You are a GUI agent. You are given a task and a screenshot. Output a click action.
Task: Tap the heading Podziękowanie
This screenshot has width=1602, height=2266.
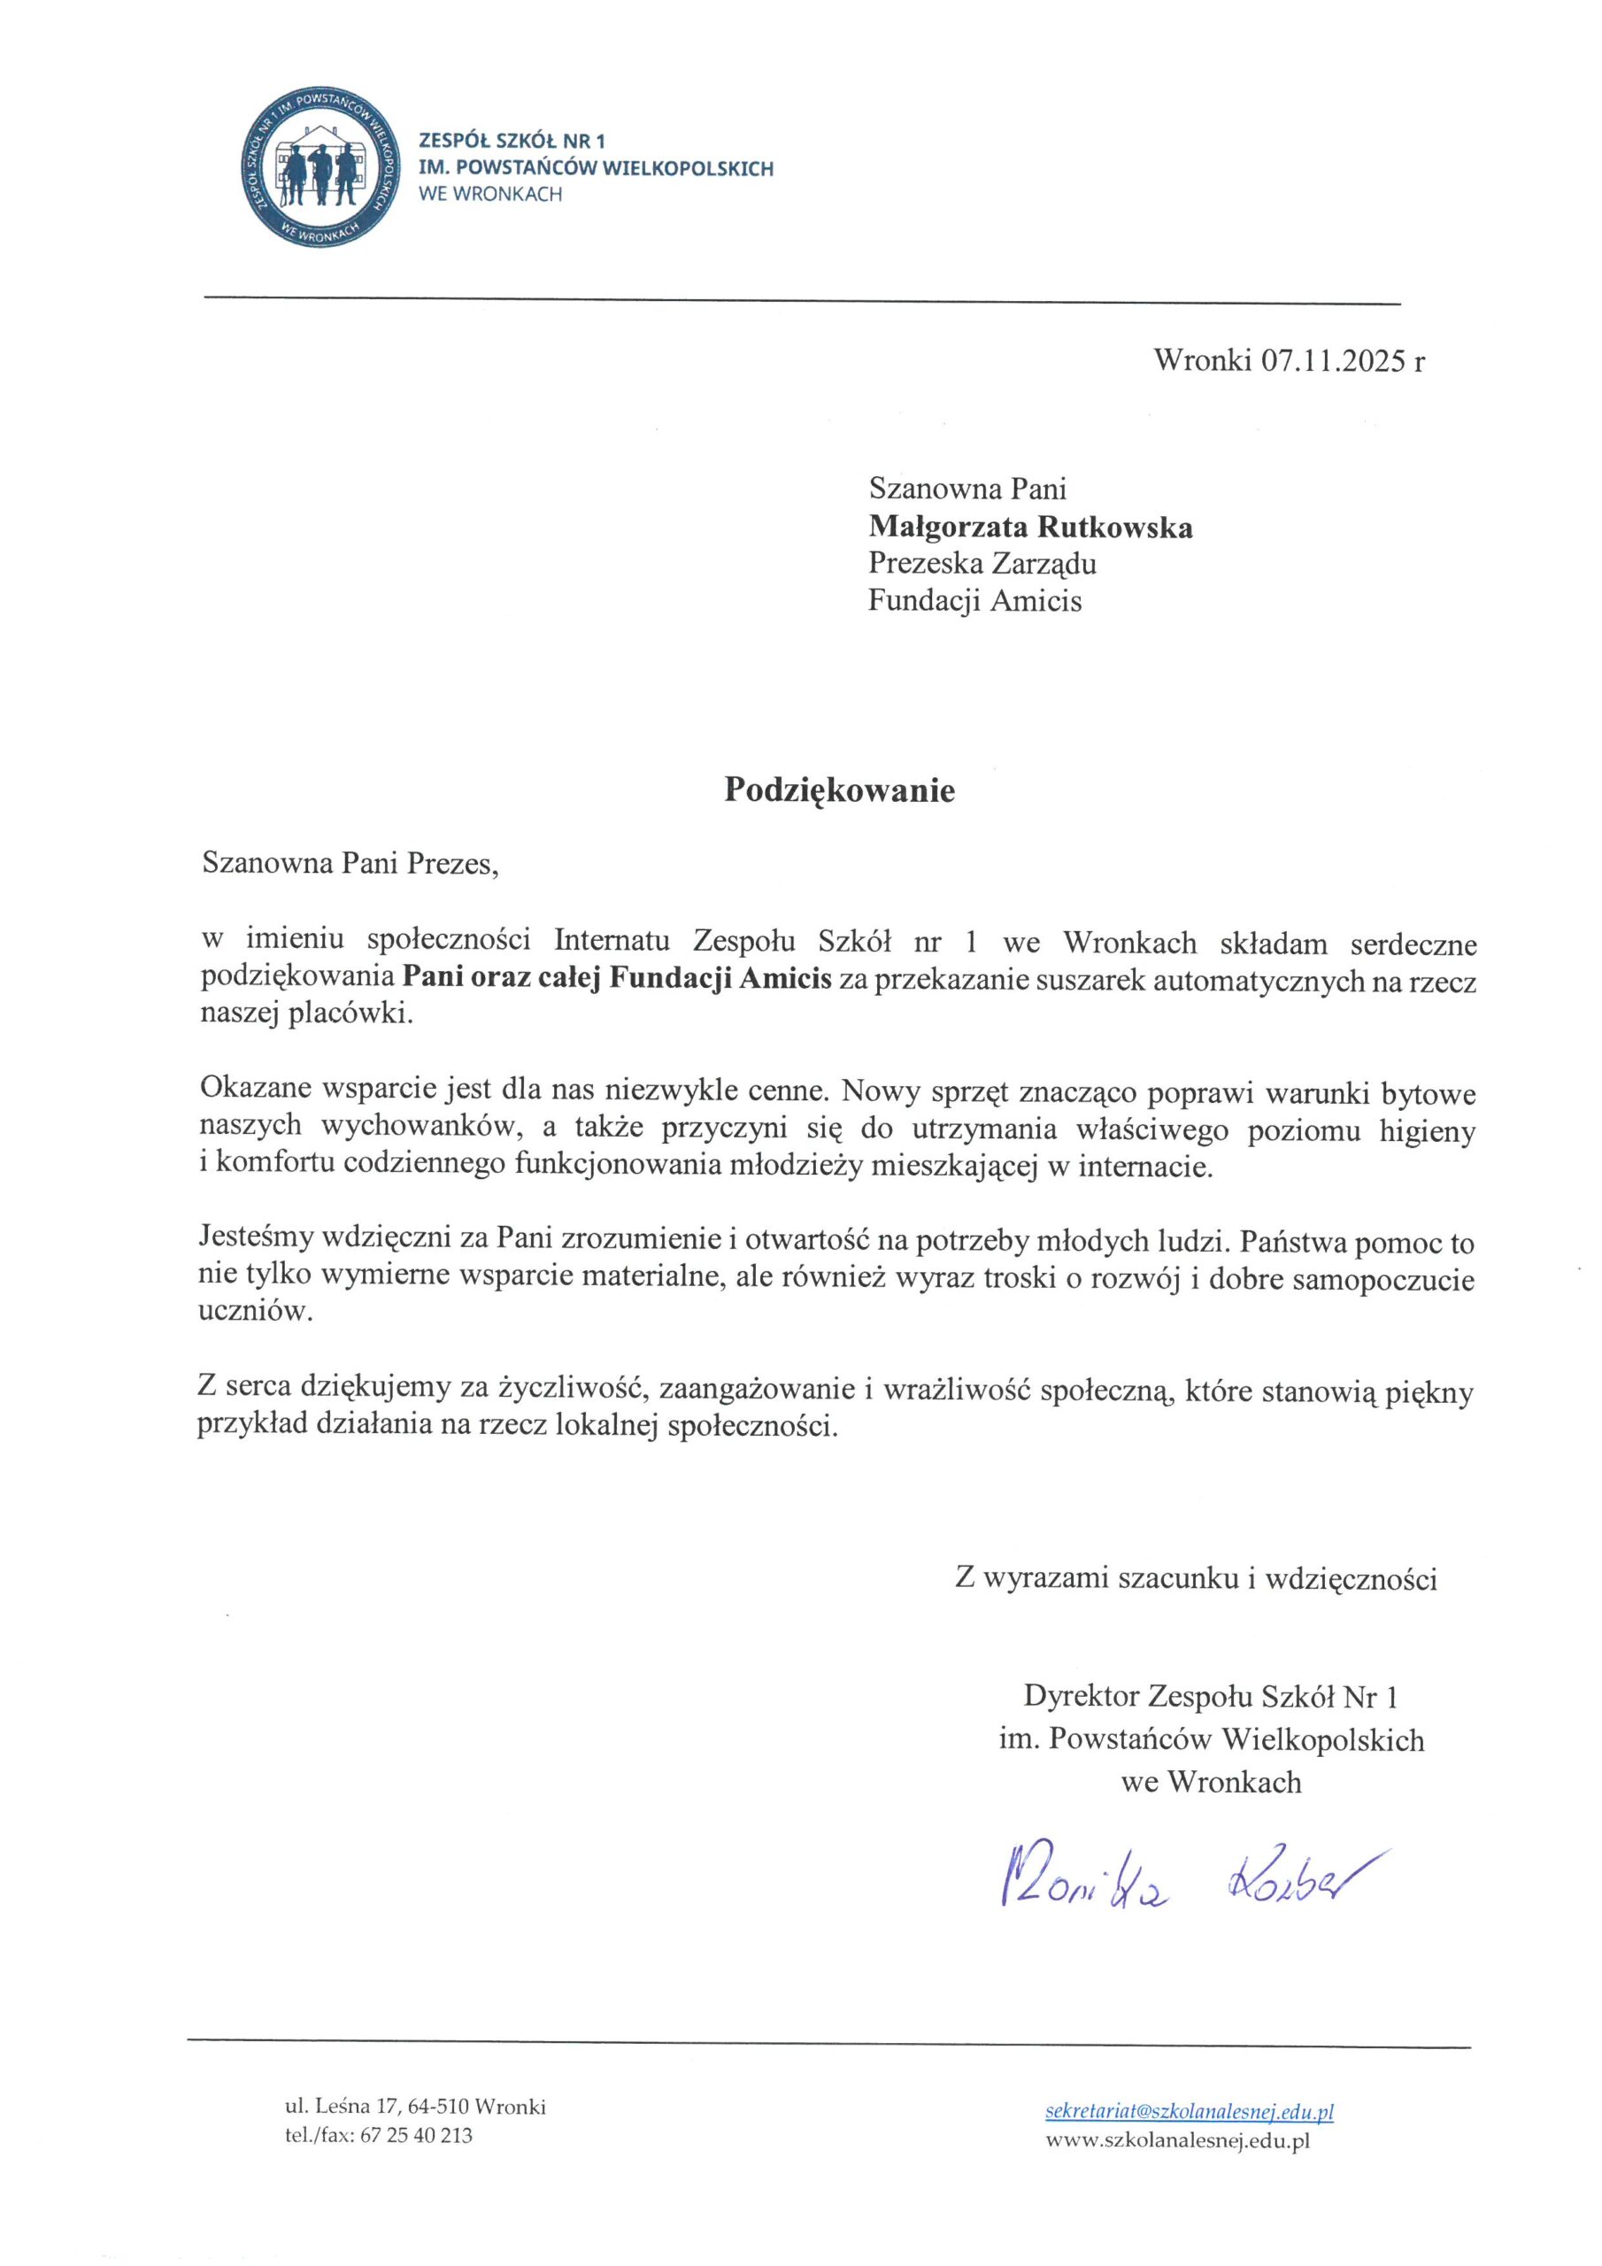[x=839, y=790]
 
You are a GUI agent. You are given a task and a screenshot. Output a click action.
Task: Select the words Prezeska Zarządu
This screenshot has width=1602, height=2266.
[x=982, y=564]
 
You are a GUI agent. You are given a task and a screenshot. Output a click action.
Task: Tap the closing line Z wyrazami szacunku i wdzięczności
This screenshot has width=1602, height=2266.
[x=1196, y=1579]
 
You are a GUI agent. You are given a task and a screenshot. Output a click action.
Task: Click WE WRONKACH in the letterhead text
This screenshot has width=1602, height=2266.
[x=490, y=195]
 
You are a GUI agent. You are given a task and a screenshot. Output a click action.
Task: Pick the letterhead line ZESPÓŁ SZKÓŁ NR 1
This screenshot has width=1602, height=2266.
[x=512, y=143]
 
